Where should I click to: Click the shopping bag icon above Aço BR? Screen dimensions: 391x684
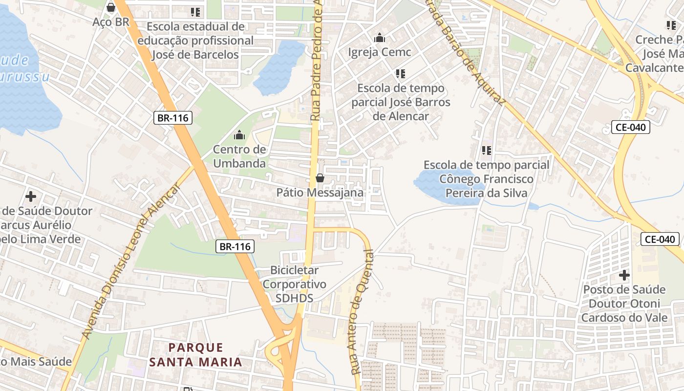111,7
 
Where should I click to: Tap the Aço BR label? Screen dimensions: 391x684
111,22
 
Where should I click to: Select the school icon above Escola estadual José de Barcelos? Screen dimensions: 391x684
195,12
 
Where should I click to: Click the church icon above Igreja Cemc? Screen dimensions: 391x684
380,38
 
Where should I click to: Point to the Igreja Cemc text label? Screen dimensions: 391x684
380,52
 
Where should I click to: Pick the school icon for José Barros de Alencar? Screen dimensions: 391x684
401,74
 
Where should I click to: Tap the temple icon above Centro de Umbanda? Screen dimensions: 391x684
239,134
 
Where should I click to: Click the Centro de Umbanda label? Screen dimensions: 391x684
239,156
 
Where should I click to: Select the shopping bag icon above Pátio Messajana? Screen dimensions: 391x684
320,178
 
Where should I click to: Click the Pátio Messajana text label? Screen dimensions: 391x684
320,193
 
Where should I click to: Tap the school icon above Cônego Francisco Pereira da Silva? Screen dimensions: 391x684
486,151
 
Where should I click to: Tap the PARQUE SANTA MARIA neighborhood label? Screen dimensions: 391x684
196,355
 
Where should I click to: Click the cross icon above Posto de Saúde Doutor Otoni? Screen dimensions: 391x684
624,275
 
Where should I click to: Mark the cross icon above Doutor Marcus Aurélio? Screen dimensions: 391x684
31,196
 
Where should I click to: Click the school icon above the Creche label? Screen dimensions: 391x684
671,25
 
